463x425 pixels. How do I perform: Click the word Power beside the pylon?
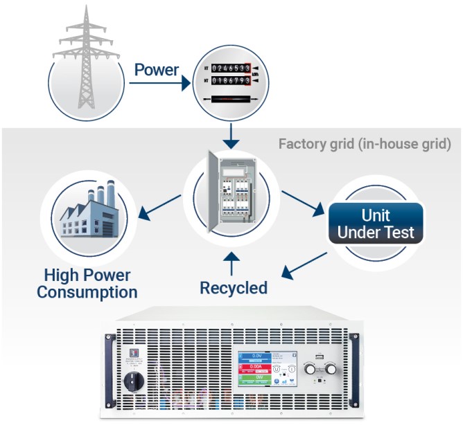[156, 70]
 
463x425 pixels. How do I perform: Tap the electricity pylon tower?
[85, 59]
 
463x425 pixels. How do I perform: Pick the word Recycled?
[234, 287]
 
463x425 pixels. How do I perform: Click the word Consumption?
[87, 292]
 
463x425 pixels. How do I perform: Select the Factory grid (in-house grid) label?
[365, 144]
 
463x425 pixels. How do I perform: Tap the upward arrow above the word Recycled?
[233, 263]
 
